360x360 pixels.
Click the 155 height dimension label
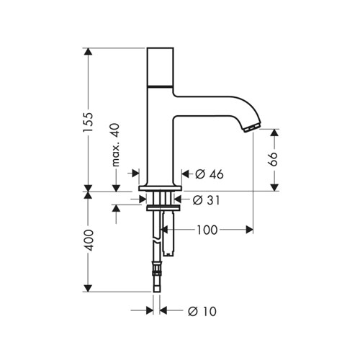[x=88, y=122]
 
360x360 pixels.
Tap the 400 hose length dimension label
[x=89, y=240]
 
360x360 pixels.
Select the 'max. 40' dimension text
[x=116, y=145]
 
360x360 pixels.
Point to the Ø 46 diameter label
[x=209, y=174]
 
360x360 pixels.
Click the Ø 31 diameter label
[x=206, y=200]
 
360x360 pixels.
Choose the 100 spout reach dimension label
[x=207, y=230]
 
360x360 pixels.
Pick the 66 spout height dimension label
[x=273, y=159]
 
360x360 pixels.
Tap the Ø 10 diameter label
[x=202, y=311]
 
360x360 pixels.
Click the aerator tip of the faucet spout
[x=251, y=127]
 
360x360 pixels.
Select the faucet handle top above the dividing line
[x=160, y=66]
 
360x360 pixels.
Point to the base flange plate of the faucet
[x=160, y=189]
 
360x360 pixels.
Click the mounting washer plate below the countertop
[x=163, y=208]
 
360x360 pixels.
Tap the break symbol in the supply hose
[x=157, y=240]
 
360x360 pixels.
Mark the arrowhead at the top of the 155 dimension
[x=88, y=52]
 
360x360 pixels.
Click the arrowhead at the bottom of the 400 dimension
[x=88, y=288]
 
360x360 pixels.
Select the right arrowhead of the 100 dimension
[x=249, y=230]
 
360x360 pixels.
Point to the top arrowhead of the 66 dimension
[x=274, y=132]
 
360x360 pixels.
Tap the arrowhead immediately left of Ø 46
[x=186, y=174]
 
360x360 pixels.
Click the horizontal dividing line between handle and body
[x=160, y=86]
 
